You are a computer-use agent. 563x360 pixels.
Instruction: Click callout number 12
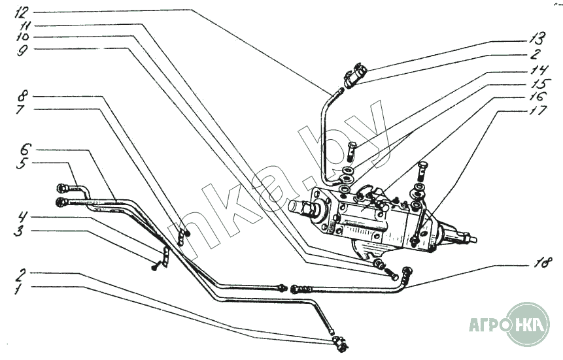tap(22, 12)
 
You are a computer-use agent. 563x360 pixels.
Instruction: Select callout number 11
tap(23, 26)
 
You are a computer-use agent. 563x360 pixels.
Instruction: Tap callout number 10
tap(22, 38)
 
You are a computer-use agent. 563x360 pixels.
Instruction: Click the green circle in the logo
tap(527, 324)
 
